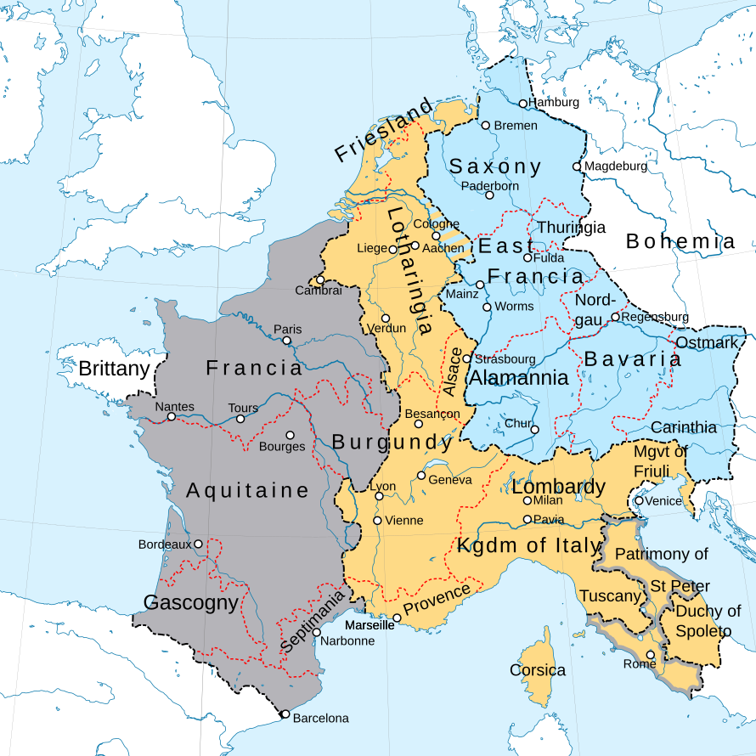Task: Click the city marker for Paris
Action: coord(286,341)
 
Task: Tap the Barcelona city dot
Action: coord(285,714)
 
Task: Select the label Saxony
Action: coord(495,166)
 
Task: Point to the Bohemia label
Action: coord(680,242)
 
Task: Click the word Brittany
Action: coord(114,370)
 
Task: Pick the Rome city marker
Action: coord(651,655)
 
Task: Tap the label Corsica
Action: coord(538,670)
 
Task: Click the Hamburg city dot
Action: coord(523,104)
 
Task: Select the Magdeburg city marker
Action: coord(577,166)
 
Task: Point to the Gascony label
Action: coord(191,603)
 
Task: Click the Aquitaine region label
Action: coord(248,490)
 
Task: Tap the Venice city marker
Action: coord(639,501)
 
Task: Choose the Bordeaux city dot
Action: coord(198,544)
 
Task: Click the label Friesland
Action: coord(383,132)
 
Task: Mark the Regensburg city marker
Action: coord(615,318)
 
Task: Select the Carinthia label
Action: coord(684,427)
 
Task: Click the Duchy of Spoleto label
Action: coord(708,621)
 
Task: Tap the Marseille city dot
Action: coord(397,618)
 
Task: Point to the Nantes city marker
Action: coord(171,417)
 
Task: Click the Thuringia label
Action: coord(572,228)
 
